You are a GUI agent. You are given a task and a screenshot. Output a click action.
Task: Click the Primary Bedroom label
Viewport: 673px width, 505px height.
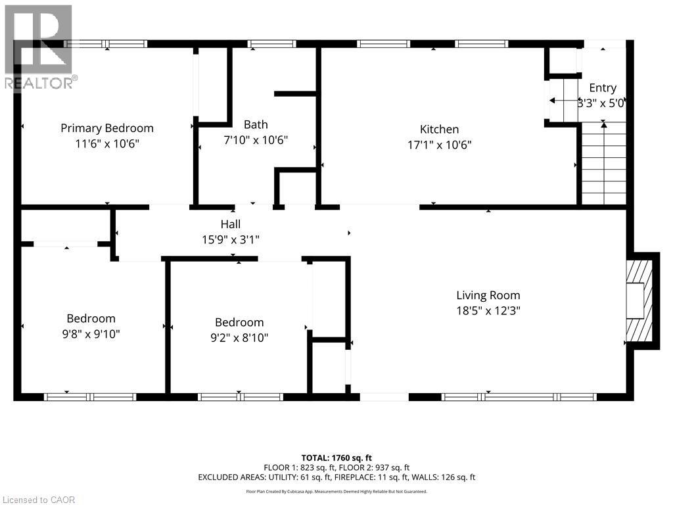107,128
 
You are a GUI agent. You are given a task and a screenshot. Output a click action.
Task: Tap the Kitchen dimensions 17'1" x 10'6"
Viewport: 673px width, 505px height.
440,145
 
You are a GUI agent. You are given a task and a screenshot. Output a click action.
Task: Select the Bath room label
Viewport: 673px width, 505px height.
256,124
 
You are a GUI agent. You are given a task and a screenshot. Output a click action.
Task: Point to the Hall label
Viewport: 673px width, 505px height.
231,224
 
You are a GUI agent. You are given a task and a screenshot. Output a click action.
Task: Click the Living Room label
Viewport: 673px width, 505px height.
488,295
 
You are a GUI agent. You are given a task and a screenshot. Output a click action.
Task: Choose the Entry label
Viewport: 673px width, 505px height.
603,88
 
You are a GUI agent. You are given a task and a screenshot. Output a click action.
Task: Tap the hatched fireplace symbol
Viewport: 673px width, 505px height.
639,300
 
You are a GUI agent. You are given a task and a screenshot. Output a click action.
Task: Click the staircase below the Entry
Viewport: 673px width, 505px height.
603,163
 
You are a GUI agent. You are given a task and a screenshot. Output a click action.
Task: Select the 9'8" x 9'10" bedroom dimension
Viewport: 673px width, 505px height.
91,334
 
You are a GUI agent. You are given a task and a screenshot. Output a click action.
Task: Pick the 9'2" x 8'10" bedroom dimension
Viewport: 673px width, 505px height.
239,338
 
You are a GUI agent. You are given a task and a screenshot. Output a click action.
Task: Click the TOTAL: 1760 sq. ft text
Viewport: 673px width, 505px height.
336,458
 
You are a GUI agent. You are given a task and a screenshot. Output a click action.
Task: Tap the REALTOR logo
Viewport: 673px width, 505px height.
39,47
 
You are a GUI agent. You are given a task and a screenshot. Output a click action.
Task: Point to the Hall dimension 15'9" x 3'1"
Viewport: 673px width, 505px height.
231,239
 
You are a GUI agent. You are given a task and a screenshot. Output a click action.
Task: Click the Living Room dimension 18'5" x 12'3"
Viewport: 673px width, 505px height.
488,311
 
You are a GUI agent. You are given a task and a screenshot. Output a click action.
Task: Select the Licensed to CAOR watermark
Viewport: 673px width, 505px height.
38,500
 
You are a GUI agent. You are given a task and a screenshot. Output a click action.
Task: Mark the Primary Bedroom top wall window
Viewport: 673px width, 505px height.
106,44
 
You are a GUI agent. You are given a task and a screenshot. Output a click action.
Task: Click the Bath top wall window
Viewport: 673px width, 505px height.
271,44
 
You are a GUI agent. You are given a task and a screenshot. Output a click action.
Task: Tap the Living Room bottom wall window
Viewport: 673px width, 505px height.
519,397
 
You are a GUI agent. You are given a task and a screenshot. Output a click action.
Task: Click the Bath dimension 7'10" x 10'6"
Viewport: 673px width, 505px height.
256,140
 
